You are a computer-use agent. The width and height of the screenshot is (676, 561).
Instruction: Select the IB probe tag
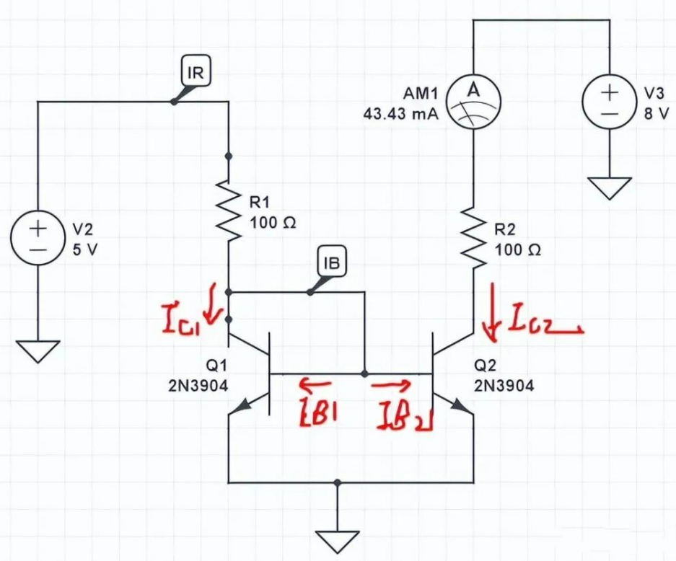[332, 263]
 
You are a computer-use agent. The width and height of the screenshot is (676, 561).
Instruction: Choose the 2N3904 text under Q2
[504, 386]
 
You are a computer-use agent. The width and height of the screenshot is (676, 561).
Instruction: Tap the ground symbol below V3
[610, 189]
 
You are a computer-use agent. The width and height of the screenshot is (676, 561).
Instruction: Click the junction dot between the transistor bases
[364, 374]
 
